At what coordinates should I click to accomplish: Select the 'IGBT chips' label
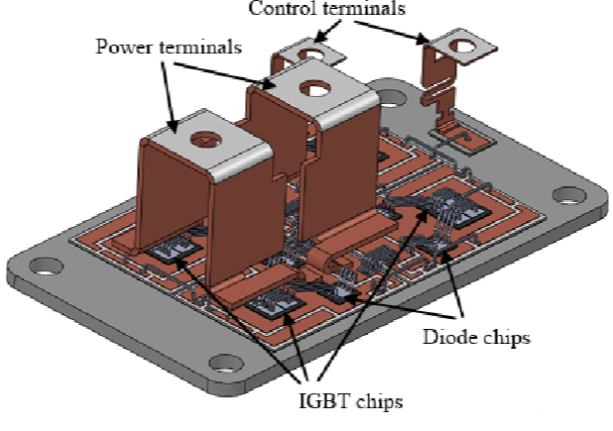pyautogui.click(x=353, y=401)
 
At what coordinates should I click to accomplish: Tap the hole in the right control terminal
pyautogui.click(x=460, y=45)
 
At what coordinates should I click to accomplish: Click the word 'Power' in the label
pyautogui.click(x=120, y=47)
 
